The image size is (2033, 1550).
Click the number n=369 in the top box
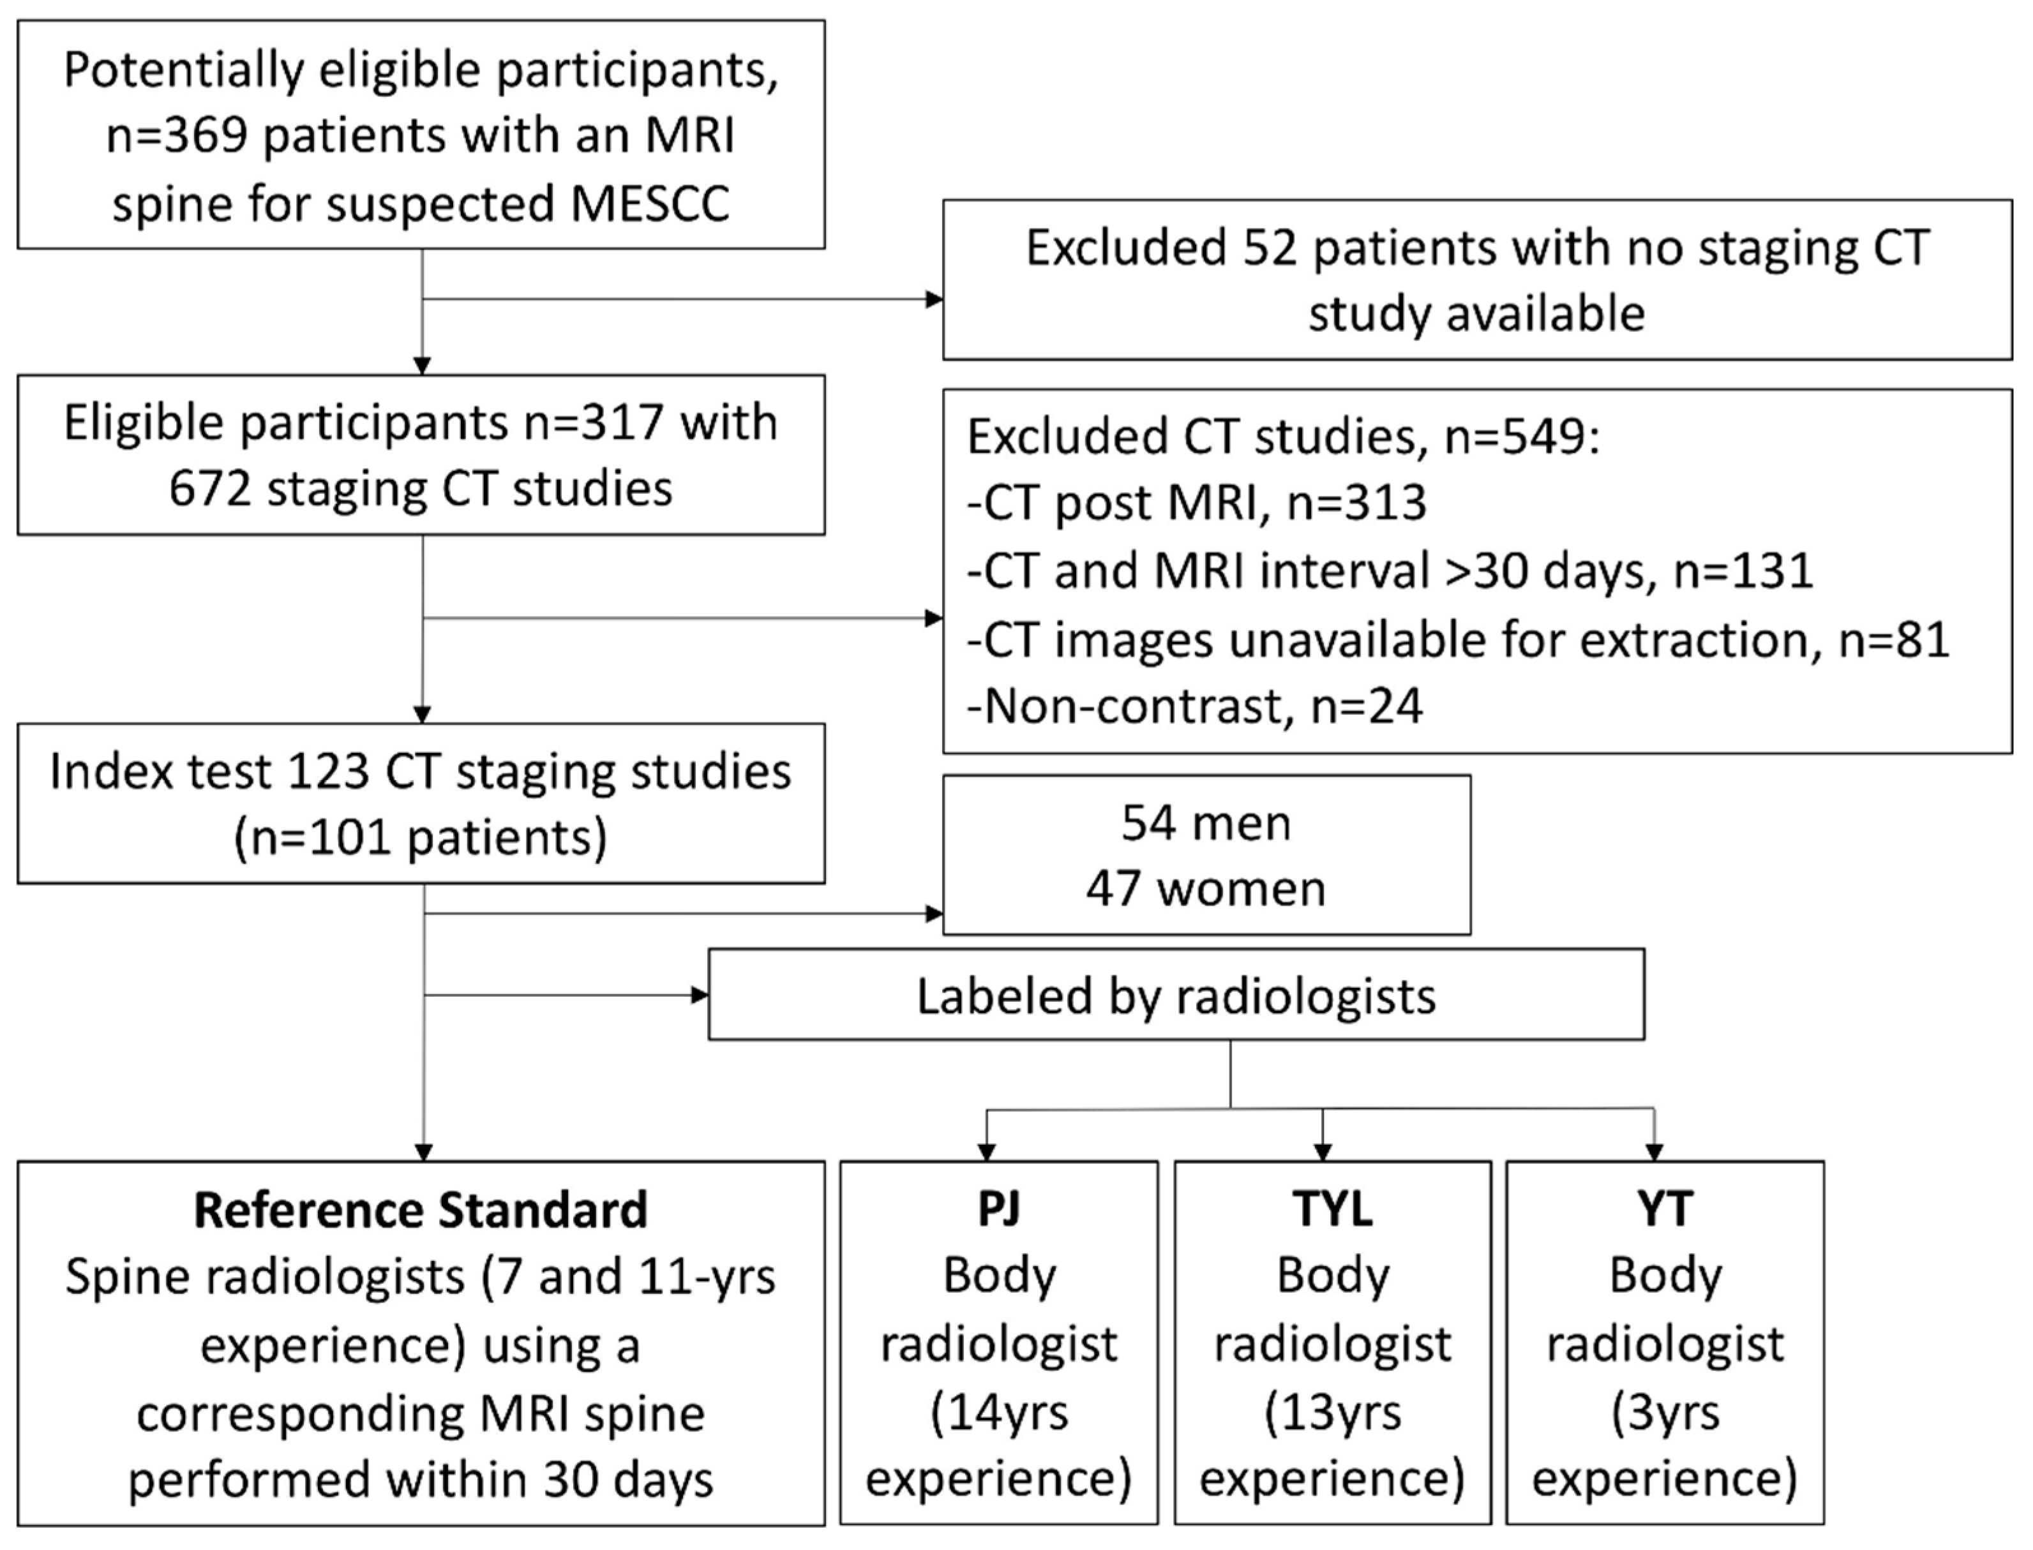pos(176,136)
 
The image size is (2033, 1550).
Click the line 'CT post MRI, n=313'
pos(1196,503)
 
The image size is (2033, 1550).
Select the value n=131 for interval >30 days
pos(1743,570)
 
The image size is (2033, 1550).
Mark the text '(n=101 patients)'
pos(421,838)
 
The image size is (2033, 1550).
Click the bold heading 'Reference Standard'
pos(421,1209)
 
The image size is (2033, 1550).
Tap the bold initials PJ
pos(998,1209)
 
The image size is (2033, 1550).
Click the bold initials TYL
pos(1332,1209)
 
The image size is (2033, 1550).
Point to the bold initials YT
pos(1665,1209)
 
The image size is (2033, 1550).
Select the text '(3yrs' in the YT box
pos(1665,1413)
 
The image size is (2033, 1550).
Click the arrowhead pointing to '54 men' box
pos(934,913)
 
